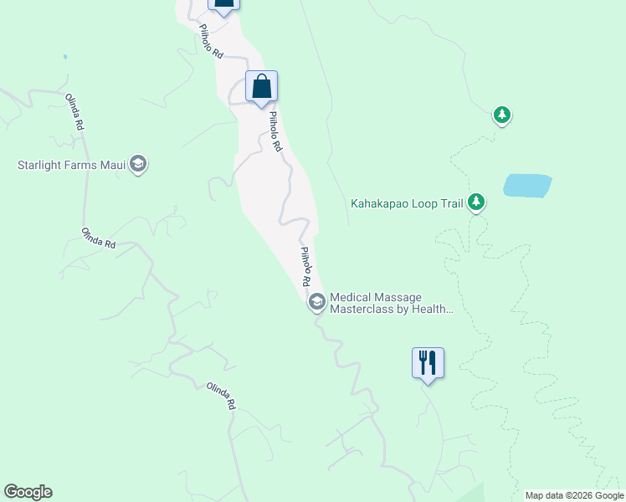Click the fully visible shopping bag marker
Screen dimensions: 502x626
coord(261,86)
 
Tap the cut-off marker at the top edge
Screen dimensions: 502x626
coord(223,4)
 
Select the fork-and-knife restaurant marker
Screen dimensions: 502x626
coord(428,363)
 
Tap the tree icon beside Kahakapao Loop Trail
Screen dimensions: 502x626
coord(476,202)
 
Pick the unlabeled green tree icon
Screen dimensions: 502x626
coord(501,115)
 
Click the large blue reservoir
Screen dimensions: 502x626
coord(527,185)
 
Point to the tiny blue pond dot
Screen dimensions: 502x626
coord(64,57)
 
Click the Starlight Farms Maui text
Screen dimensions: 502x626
coord(71,165)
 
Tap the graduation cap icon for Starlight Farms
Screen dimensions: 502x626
coord(139,165)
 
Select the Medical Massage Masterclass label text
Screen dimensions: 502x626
coord(392,303)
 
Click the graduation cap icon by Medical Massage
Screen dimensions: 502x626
coord(317,302)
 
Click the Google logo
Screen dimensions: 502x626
coord(28,492)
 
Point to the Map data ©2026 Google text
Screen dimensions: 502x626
coord(573,495)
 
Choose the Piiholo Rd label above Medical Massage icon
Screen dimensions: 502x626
coord(306,264)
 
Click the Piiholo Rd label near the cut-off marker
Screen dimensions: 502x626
coord(212,40)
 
